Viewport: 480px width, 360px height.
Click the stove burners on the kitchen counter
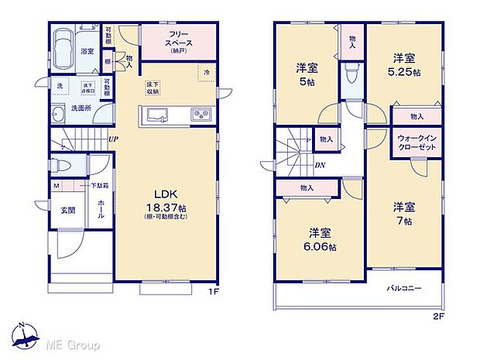[x=201, y=116]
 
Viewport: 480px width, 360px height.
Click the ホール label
[x=101, y=208]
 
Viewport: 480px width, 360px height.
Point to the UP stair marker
[x=114, y=139]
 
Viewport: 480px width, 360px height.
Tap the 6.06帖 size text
[x=319, y=247]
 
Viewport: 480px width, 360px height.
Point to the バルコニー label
[x=404, y=288]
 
